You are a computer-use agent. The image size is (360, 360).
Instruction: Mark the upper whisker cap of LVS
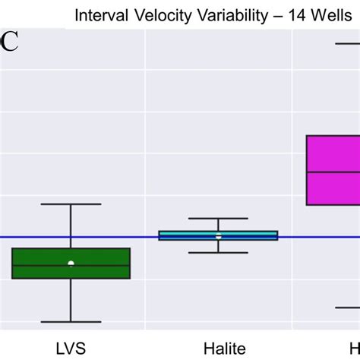71,204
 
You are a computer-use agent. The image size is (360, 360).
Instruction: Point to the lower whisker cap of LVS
71,322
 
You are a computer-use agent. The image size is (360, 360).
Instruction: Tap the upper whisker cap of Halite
218,219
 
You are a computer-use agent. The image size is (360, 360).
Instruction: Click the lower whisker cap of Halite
218,252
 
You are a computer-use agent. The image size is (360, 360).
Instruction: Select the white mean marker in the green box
71,264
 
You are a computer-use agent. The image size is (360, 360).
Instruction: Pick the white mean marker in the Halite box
218,237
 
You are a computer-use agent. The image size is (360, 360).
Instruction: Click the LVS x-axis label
71,349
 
